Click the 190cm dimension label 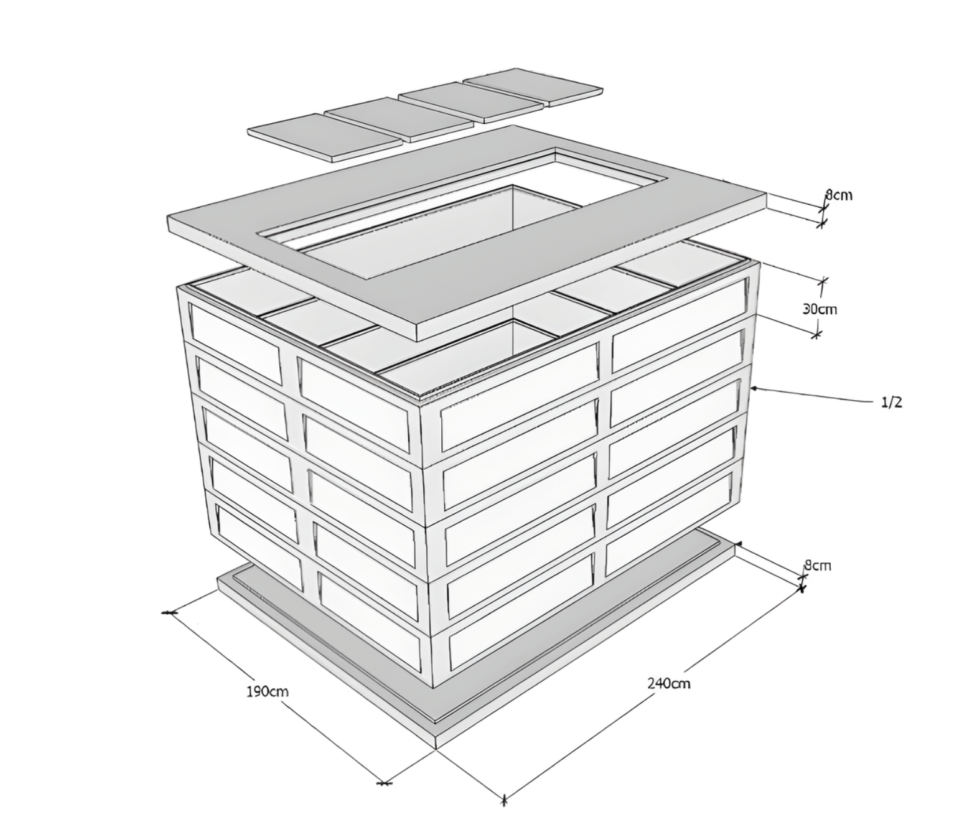267,692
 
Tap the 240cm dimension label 669,683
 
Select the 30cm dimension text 820,309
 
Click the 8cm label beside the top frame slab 838,195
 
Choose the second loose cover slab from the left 399,119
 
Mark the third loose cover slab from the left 470,102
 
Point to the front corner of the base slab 437,749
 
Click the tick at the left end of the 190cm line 169,613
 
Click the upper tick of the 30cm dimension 822,281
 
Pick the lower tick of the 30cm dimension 817,334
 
